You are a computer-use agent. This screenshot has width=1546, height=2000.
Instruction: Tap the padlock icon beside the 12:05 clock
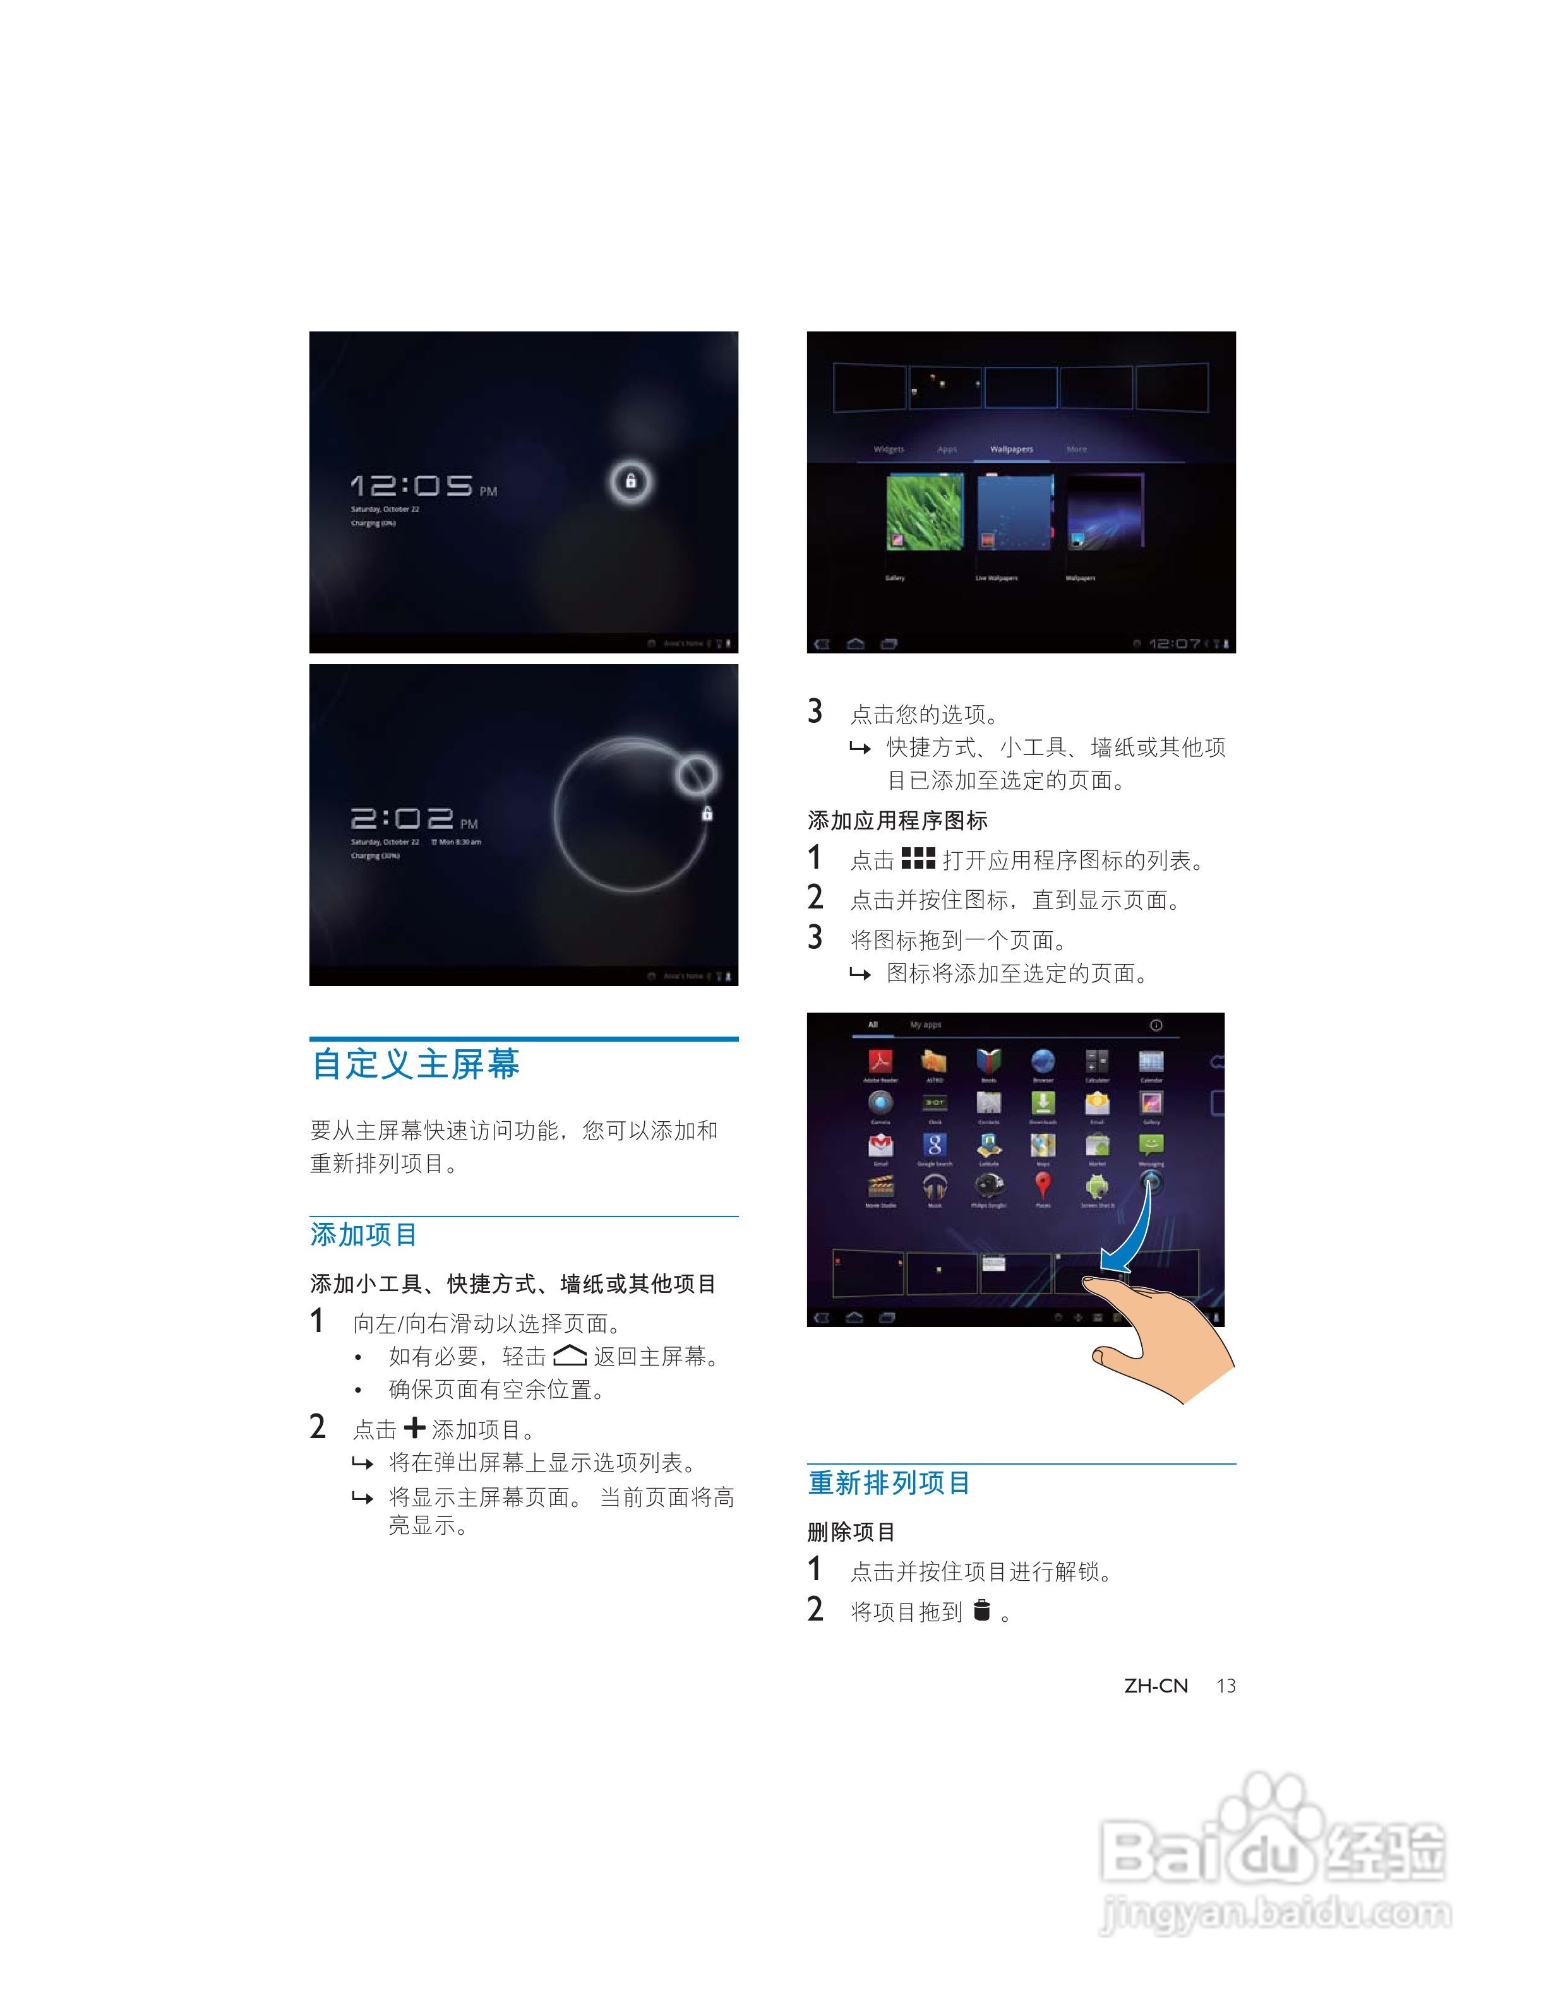631,482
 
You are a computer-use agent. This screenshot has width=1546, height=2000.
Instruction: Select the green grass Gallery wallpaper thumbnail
925,512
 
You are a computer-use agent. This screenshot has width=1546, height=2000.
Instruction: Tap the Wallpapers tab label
1011,449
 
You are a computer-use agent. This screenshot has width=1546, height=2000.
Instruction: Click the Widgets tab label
889,449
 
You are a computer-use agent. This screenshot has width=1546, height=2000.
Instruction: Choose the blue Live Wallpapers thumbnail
1015,512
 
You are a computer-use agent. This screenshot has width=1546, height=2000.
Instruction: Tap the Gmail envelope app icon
880,1145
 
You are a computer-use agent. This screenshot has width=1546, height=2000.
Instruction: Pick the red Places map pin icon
1042,1186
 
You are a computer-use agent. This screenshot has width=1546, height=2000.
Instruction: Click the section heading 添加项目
364,1234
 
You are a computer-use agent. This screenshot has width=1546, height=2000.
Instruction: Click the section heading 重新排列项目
889,1482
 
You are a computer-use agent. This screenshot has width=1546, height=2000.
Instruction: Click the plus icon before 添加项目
414,1427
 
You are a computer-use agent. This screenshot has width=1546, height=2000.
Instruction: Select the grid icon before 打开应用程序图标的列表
918,858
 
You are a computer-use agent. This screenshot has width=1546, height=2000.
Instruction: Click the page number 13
1225,1686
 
